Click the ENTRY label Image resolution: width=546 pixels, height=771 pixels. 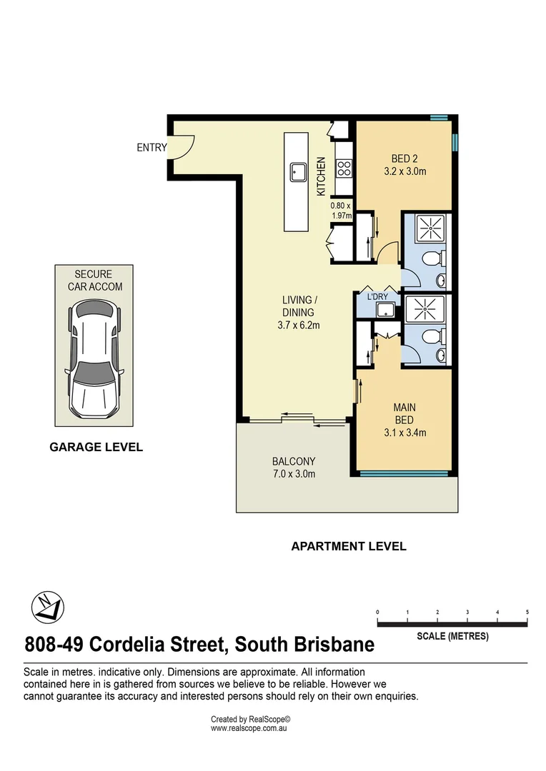(x=152, y=148)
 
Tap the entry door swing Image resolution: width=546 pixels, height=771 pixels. (x=182, y=146)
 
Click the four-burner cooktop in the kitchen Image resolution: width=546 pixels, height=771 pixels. (x=343, y=168)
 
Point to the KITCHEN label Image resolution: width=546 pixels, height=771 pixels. (x=322, y=176)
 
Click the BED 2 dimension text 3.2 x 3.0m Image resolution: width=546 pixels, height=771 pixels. (x=404, y=171)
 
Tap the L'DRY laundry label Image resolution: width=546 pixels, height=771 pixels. (x=377, y=297)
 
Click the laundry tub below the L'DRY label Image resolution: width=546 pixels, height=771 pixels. (x=386, y=310)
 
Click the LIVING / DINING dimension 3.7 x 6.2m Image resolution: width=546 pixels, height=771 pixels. (x=298, y=325)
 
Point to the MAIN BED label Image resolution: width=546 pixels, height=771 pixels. (x=404, y=413)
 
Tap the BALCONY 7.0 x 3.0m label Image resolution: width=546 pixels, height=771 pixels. (x=293, y=468)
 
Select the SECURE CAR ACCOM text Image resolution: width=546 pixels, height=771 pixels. (x=95, y=281)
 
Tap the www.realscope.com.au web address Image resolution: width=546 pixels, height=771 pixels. (x=248, y=729)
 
